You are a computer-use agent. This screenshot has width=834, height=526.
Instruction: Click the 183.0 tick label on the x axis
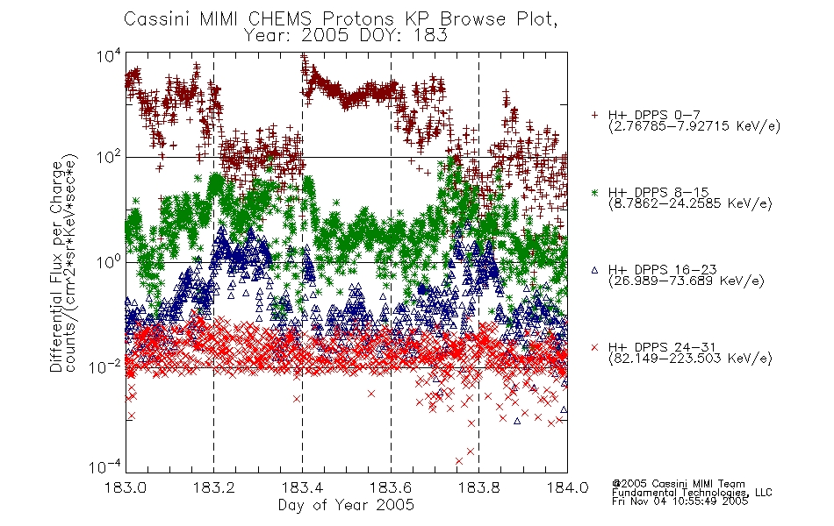pos(126,487)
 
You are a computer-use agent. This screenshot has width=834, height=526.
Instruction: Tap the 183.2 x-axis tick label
pos(214,487)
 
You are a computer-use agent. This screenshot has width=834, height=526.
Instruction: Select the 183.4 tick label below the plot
pos(302,487)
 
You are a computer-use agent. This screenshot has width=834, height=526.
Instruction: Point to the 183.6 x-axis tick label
pos(391,487)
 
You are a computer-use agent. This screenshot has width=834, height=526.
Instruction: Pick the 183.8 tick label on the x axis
pos(478,487)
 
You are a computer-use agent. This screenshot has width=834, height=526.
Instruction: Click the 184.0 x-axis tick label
pos(567,487)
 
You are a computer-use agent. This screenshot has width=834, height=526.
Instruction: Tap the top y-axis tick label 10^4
pos(109,55)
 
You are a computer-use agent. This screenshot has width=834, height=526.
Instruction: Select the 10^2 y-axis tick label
pos(109,157)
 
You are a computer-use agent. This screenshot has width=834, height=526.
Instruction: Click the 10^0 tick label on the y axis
pos(109,262)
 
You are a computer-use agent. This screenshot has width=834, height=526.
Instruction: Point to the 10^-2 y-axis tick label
pos(105,366)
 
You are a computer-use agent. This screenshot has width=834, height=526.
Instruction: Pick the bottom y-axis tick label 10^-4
pos(105,466)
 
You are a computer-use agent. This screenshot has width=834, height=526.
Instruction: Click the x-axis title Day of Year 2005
pos(346,505)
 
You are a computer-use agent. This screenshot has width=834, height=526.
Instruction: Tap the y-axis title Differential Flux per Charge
pos(56,267)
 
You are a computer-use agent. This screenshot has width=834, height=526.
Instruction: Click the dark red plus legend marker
pos(594,115)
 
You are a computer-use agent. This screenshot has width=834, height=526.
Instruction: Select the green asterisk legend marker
pos(594,192)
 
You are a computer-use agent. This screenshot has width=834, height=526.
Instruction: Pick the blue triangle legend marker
pos(594,270)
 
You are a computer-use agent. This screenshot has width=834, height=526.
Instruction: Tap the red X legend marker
pos(594,347)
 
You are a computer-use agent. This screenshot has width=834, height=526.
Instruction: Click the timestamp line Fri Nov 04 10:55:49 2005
pos(679,501)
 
